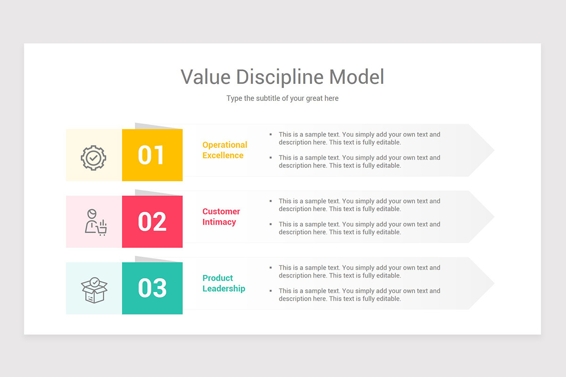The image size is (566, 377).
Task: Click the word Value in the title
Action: pos(206,77)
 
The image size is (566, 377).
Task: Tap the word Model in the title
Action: pos(357,77)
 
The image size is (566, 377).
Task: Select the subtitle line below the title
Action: pos(282,98)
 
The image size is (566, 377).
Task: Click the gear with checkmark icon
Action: pos(93,157)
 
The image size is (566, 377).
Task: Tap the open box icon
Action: pos(94,289)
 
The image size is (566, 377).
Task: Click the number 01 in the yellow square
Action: pos(151,155)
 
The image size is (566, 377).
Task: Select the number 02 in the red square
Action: pos(152,221)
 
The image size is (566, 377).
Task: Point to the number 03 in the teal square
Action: pos(152,288)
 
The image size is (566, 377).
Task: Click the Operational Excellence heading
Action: pos(225,150)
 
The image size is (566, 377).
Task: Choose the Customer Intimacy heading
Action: pos(221,217)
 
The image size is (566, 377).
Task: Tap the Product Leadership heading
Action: pos(224,283)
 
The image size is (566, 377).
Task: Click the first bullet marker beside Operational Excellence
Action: pos(271,134)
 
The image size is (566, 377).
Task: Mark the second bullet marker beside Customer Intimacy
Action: pos(271,224)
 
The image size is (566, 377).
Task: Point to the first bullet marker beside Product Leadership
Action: pos(271,268)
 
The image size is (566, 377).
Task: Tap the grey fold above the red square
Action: pos(156,193)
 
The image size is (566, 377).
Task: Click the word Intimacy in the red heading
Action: pos(219,222)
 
